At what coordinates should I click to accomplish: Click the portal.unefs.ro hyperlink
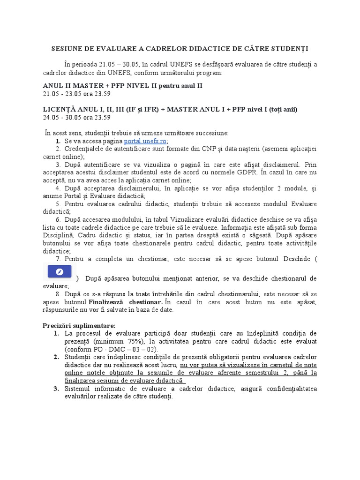[x=145, y=141]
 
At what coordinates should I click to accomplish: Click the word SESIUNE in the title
[x=68, y=49]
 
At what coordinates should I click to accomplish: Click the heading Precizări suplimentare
[x=79, y=325]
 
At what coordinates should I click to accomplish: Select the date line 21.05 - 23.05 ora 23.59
[x=76, y=94]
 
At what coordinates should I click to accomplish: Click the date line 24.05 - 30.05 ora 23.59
[x=76, y=117]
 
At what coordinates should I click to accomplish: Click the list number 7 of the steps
[x=58, y=259]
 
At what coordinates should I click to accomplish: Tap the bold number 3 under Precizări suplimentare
[x=56, y=389]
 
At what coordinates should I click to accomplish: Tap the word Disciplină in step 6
[x=59, y=235]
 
